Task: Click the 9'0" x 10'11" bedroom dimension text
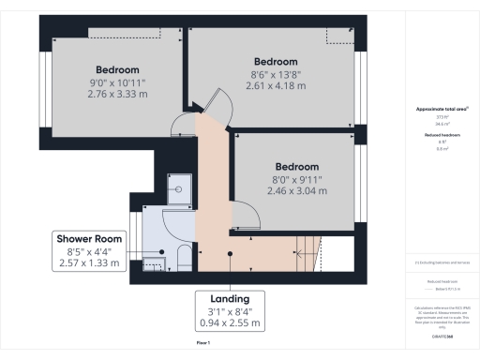pyautogui.click(x=117, y=82)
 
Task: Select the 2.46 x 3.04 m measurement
pyautogui.click(x=301, y=190)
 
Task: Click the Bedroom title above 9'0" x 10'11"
pyautogui.click(x=117, y=69)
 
